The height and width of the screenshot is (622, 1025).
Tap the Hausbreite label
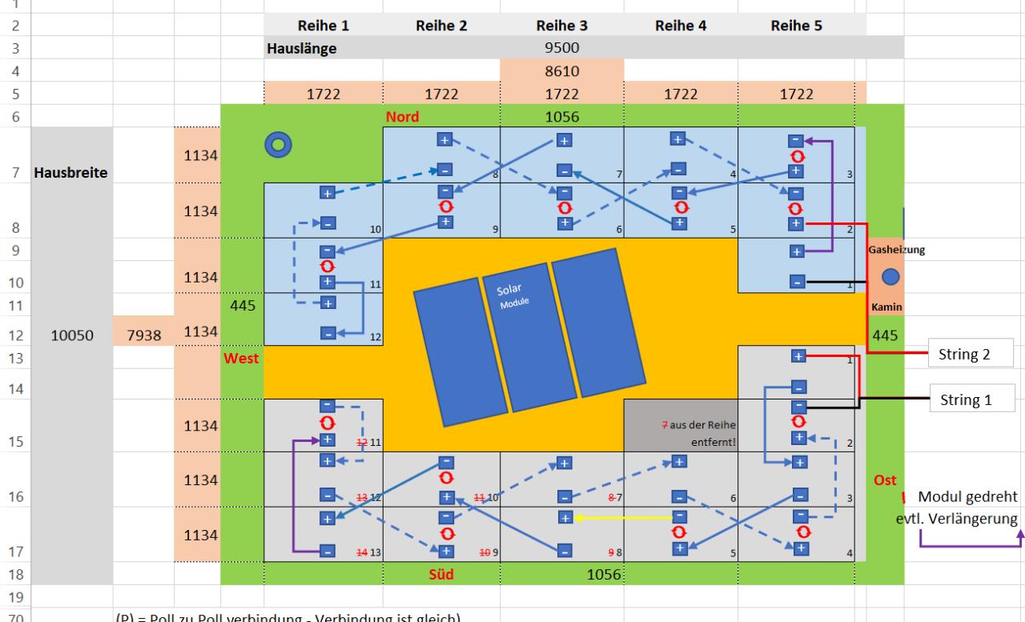pos(71,173)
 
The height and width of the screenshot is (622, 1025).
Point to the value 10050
pos(71,337)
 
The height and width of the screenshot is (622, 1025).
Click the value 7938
pos(144,337)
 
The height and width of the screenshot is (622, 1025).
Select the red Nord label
pos(402,117)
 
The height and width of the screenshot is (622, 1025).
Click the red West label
pos(242,359)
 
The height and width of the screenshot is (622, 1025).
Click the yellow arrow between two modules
pos(620,518)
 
